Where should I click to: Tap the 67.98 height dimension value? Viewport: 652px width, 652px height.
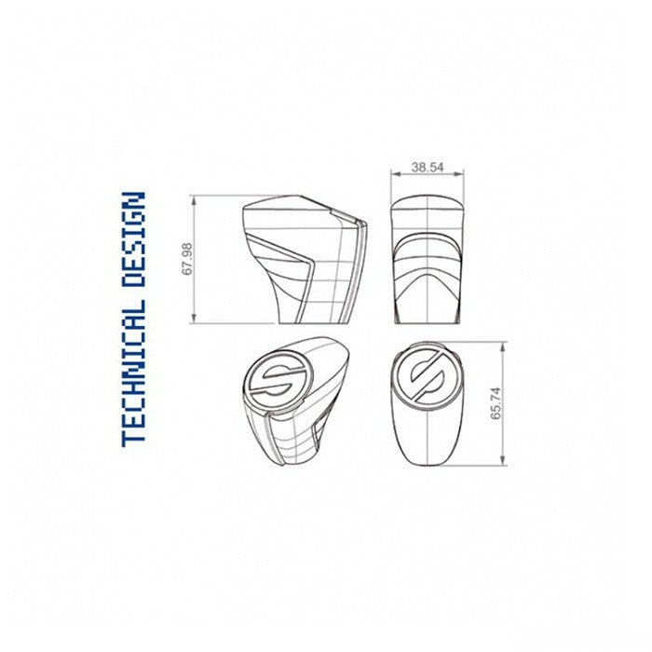click(187, 260)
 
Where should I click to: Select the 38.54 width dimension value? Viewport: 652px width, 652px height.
click(428, 168)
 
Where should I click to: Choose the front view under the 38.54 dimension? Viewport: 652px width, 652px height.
click(428, 260)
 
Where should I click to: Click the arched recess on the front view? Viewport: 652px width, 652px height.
click(428, 270)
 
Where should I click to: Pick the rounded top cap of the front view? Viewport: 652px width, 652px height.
click(428, 210)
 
